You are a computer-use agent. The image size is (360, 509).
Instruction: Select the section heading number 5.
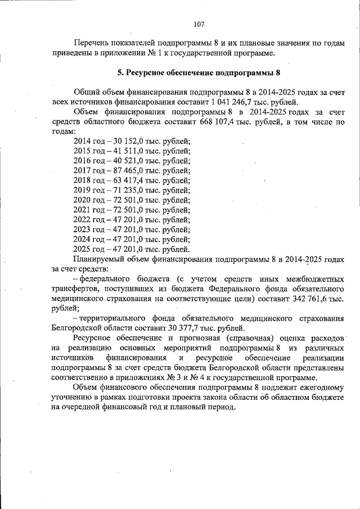[119, 73]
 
